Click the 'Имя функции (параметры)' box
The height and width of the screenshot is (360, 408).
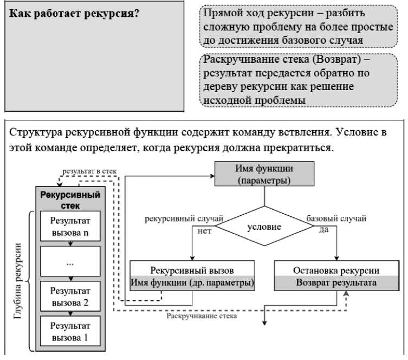[x=264, y=173]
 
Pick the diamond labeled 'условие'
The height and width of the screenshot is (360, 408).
[x=264, y=226]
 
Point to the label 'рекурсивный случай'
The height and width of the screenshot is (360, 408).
[x=184, y=218]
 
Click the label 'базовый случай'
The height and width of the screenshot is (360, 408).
[x=336, y=218]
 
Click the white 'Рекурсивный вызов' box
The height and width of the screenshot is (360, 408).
[x=192, y=271]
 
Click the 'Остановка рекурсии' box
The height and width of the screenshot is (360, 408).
[x=336, y=271]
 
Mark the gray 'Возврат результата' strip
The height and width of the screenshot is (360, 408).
[x=336, y=282]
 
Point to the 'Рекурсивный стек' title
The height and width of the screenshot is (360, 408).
[x=70, y=200]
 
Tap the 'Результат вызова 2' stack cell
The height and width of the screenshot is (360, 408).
[x=70, y=297]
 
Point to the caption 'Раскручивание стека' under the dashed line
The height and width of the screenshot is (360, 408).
[x=202, y=316]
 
